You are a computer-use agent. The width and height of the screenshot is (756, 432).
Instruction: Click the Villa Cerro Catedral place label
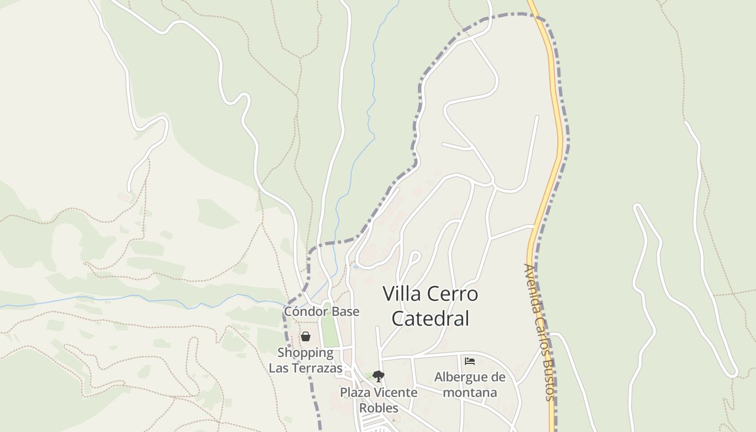point(430,306)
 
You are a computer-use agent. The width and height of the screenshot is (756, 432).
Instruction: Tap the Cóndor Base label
point(321,312)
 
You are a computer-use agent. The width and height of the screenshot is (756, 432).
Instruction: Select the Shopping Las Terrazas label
point(306,360)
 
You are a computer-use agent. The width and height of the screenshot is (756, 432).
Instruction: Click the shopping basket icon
point(306,337)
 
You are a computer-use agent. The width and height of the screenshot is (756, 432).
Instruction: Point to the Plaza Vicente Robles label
point(379,400)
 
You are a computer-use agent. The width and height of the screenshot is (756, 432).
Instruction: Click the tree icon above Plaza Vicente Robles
point(379,376)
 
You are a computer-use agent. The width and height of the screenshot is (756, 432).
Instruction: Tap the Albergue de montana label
point(470,384)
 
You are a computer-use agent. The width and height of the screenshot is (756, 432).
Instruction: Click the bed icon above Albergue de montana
point(470,361)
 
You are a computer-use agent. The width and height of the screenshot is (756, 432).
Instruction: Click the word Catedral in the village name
point(430,318)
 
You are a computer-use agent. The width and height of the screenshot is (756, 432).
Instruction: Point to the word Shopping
point(306,353)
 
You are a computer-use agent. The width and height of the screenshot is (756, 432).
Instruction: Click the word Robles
point(379,408)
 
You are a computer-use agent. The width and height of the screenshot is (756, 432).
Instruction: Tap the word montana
point(470,393)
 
